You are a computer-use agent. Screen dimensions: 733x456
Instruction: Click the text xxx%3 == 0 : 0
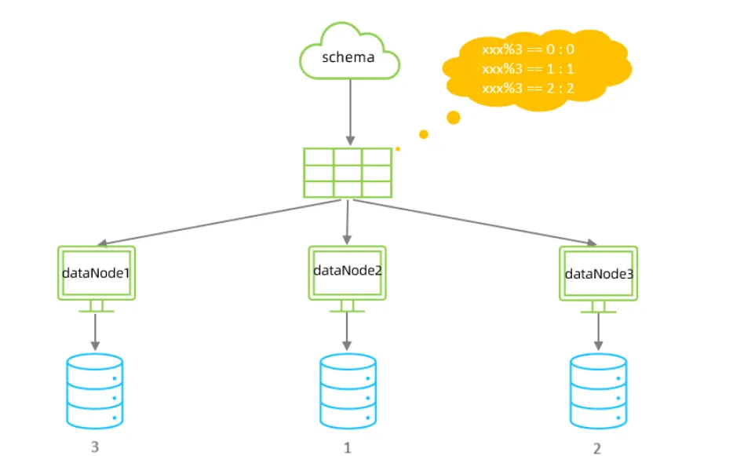tap(528, 49)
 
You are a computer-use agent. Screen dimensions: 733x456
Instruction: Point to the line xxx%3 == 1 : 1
tap(528, 69)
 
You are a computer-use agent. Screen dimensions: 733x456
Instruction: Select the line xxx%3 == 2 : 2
tap(528, 89)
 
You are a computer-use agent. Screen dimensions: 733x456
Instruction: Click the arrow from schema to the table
tap(350, 112)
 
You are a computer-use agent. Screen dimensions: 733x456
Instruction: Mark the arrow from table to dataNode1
tap(219, 223)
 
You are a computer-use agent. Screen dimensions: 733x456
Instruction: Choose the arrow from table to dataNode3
tap(475, 223)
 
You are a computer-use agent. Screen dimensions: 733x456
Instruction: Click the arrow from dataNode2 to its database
tap(347, 331)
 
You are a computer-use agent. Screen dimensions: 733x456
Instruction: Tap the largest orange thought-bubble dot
tap(453, 118)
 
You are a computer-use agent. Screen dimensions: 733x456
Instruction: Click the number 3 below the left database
tap(95, 447)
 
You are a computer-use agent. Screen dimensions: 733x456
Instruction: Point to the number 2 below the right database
tap(597, 448)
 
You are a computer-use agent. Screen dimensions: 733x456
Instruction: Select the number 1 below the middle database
tap(348, 448)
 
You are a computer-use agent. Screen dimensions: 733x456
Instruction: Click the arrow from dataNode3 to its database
tap(598, 332)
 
